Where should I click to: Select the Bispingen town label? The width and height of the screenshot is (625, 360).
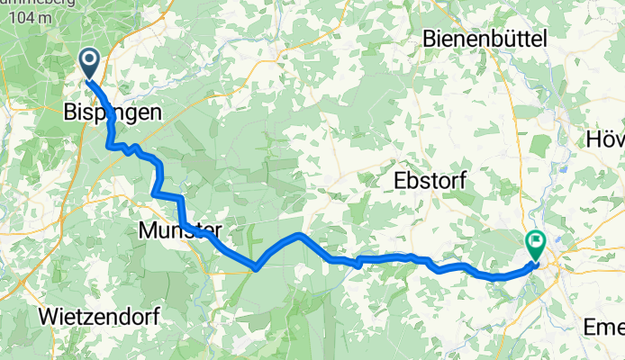pyautogui.click(x=113, y=113)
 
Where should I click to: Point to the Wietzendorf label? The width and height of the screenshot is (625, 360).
pyautogui.click(x=99, y=317)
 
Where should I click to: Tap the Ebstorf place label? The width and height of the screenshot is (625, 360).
pyautogui.click(x=430, y=181)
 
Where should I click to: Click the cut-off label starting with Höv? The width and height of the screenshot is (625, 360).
pyautogui.click(x=605, y=139)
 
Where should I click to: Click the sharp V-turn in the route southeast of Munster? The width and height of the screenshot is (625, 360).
pyautogui.click(x=257, y=267)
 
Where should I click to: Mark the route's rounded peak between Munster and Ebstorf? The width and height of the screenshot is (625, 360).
pyautogui.click(x=297, y=235)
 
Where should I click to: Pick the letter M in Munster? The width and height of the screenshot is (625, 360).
pyautogui.click(x=149, y=231)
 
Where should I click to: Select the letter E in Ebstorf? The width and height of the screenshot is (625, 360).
pyautogui.click(x=401, y=181)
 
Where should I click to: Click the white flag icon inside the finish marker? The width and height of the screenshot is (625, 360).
pyautogui.click(x=537, y=241)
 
